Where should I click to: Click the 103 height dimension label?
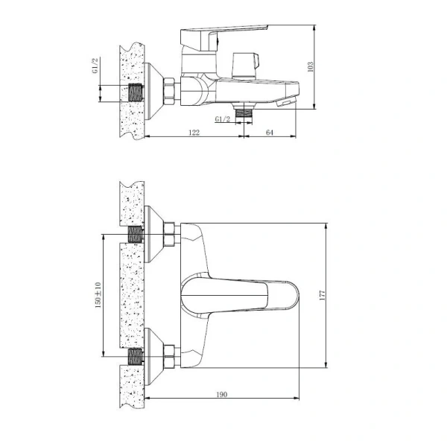pyautogui.click(x=310, y=67)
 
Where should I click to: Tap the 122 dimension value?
pyautogui.click(x=194, y=133)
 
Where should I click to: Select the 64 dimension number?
pyautogui.click(x=270, y=133)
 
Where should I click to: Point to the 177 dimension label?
pyautogui.click(x=322, y=295)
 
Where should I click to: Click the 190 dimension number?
pyautogui.click(x=222, y=395)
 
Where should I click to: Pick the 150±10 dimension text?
pyautogui.click(x=98, y=295)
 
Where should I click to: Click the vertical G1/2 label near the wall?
pyautogui.click(x=95, y=66)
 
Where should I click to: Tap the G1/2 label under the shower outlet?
pyautogui.click(x=222, y=119)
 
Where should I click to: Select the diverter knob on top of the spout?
pyautogui.click(x=245, y=66)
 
